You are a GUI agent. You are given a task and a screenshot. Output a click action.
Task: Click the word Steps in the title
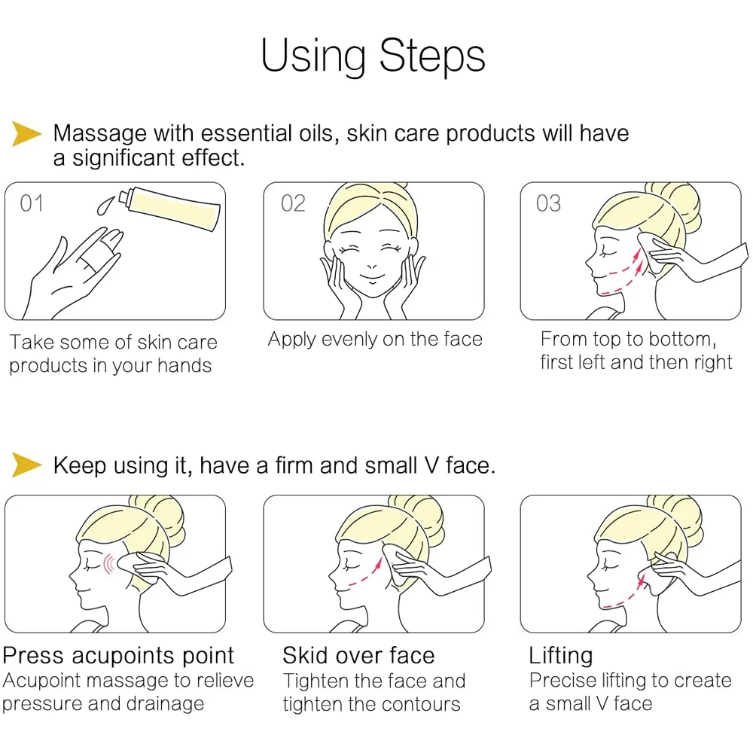coord(431,56)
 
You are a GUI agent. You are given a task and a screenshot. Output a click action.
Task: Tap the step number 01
coord(32,203)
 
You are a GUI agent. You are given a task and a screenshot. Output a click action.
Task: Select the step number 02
coord(293,203)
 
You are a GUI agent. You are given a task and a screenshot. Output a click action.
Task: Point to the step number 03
coord(548,203)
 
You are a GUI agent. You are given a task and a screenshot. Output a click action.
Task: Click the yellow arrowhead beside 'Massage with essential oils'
coord(26,133)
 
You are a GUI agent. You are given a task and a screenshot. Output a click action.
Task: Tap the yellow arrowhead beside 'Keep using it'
coord(26,465)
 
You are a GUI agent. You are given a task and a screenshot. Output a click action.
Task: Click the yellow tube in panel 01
coord(169,209)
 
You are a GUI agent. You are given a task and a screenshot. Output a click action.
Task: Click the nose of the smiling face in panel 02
coord(372,266)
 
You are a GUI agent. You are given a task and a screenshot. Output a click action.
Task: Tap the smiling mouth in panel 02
coord(373,277)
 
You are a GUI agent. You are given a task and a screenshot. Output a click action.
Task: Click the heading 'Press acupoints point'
coord(118,656)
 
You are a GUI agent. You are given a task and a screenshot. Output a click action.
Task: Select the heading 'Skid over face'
coord(358,655)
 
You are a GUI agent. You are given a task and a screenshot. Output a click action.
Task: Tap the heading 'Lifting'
coord(560,656)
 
